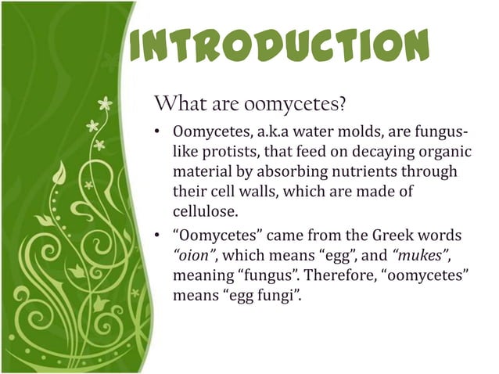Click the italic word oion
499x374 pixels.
pyautogui.click(x=194, y=257)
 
